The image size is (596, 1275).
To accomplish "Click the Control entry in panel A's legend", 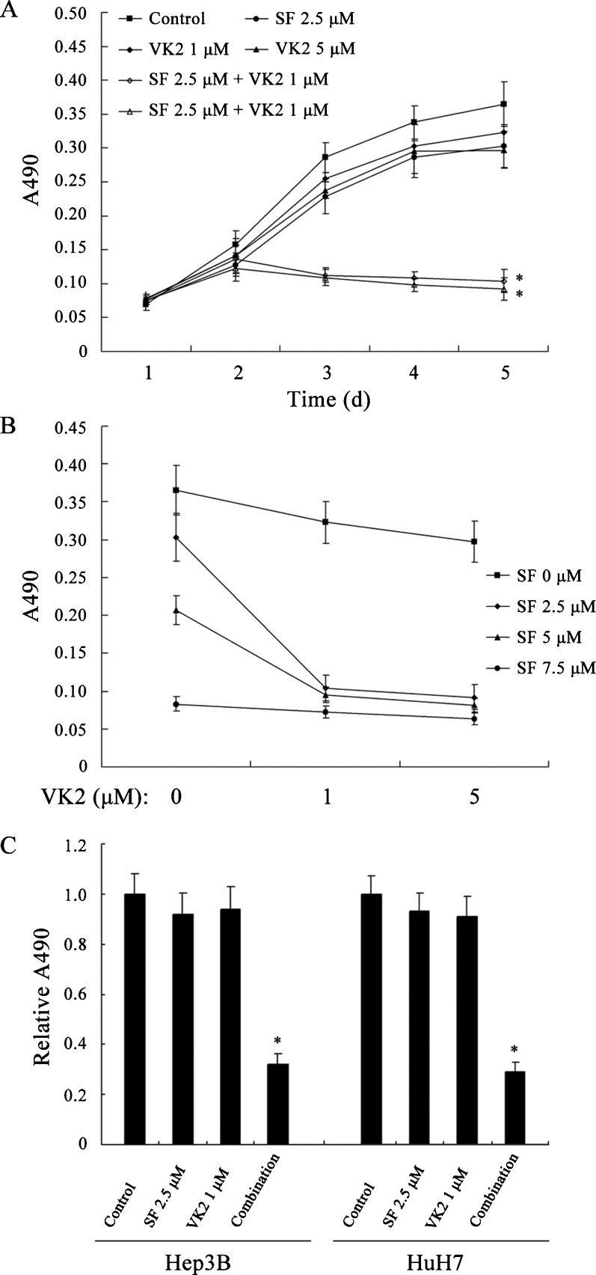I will [165, 19].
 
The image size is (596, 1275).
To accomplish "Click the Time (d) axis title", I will [329, 399].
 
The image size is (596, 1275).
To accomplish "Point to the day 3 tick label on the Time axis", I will [327, 371].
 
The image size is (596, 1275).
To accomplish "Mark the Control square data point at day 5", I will [504, 104].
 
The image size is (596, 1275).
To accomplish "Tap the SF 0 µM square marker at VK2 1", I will [325, 522].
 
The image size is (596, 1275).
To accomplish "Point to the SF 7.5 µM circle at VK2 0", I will [176, 704].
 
